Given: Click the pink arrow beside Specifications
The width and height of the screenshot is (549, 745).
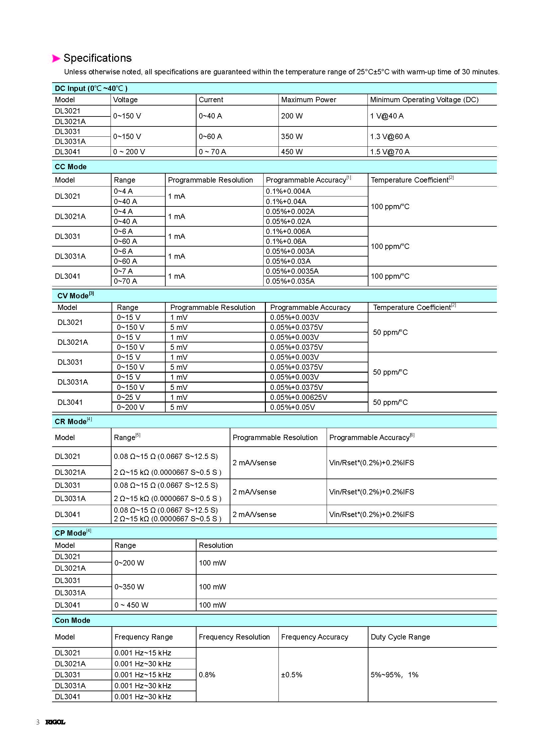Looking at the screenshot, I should click(x=56, y=58).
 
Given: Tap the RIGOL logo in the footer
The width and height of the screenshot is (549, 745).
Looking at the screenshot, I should click(x=55, y=722).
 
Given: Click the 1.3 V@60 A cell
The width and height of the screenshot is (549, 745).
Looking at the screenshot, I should click(x=389, y=137).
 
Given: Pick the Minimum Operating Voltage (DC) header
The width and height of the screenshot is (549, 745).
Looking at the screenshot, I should click(x=424, y=100).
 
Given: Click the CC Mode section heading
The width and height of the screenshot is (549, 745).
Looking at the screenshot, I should click(x=70, y=167).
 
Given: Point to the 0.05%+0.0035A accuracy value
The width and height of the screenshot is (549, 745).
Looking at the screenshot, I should click(x=292, y=271).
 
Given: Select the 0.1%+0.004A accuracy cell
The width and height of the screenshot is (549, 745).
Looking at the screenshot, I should click(x=288, y=191).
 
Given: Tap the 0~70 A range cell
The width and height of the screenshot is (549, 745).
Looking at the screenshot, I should click(x=125, y=281).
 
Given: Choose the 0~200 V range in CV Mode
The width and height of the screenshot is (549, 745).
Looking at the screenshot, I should click(x=130, y=408).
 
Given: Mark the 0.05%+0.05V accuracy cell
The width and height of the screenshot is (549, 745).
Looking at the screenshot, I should click(x=292, y=408).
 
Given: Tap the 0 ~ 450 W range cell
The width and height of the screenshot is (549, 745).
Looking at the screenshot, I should click(x=131, y=605).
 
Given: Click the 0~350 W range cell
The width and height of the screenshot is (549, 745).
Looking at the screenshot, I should click(x=129, y=587).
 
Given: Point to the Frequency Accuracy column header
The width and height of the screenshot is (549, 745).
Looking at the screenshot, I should click(x=314, y=637).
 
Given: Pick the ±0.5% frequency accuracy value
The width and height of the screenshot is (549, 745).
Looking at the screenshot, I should click(x=291, y=675).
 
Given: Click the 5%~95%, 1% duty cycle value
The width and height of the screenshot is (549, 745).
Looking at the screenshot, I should click(x=394, y=675).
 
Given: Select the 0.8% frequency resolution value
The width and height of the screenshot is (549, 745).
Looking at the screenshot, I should click(x=207, y=675).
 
